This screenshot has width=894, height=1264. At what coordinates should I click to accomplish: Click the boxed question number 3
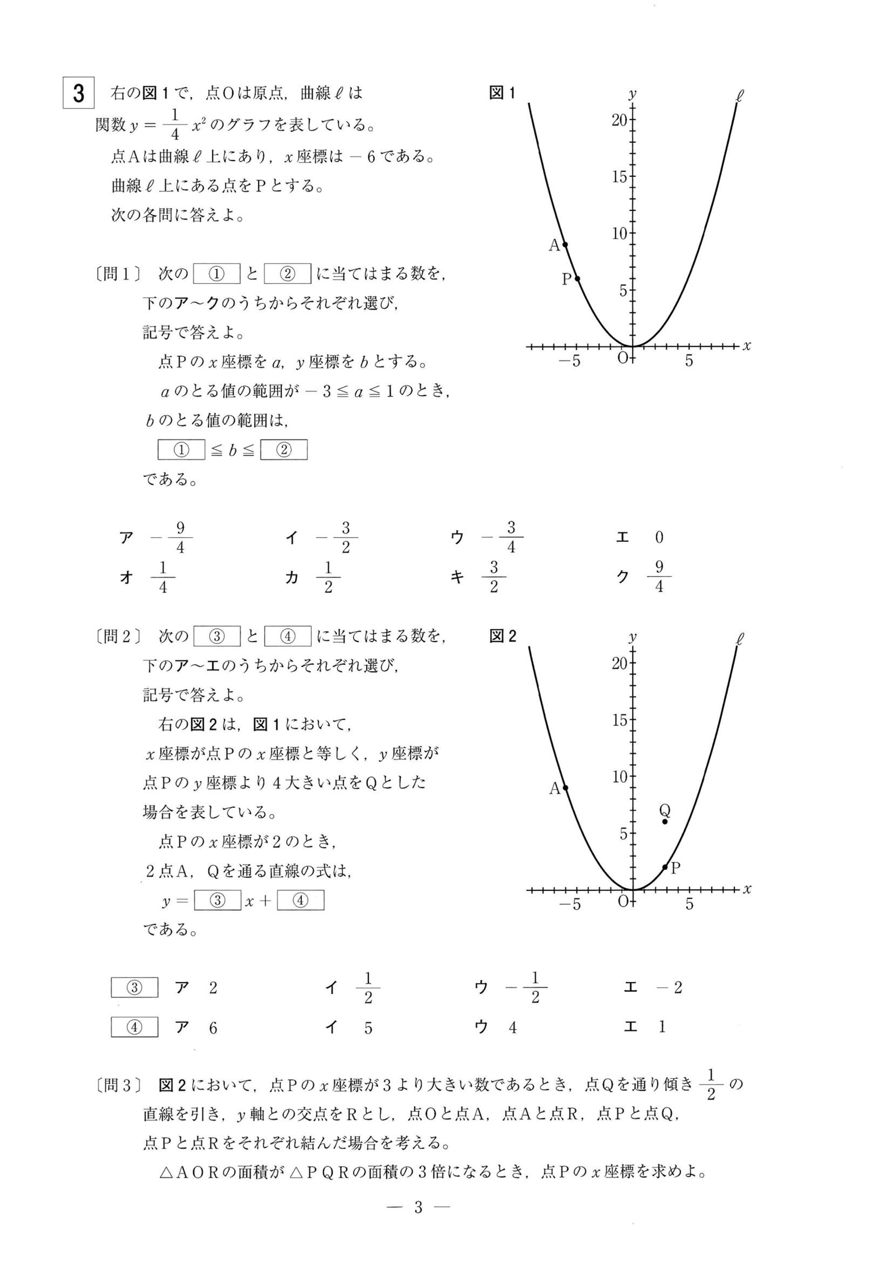[x=78, y=93]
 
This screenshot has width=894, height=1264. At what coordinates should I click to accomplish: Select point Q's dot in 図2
[x=665, y=822]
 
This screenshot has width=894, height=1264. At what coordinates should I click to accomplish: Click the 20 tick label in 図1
[x=619, y=120]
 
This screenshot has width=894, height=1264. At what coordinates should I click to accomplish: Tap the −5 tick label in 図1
[x=570, y=362]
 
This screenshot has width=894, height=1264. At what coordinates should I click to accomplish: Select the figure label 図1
[x=502, y=93]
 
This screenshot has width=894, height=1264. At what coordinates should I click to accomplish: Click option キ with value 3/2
[x=493, y=577]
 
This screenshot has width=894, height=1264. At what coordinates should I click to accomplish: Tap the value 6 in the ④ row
[x=213, y=1028]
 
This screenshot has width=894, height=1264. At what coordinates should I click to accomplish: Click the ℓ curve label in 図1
[x=739, y=96]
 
